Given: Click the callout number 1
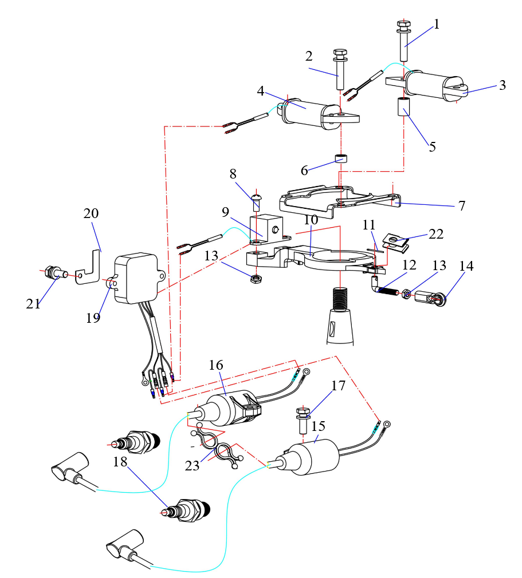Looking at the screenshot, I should [437, 24].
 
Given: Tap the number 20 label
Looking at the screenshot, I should [91, 213].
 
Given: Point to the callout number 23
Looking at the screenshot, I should [193, 465].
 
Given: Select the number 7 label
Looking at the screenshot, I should [462, 205].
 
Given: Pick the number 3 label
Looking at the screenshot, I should [502, 85].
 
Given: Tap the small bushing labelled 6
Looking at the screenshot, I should [342, 158].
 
